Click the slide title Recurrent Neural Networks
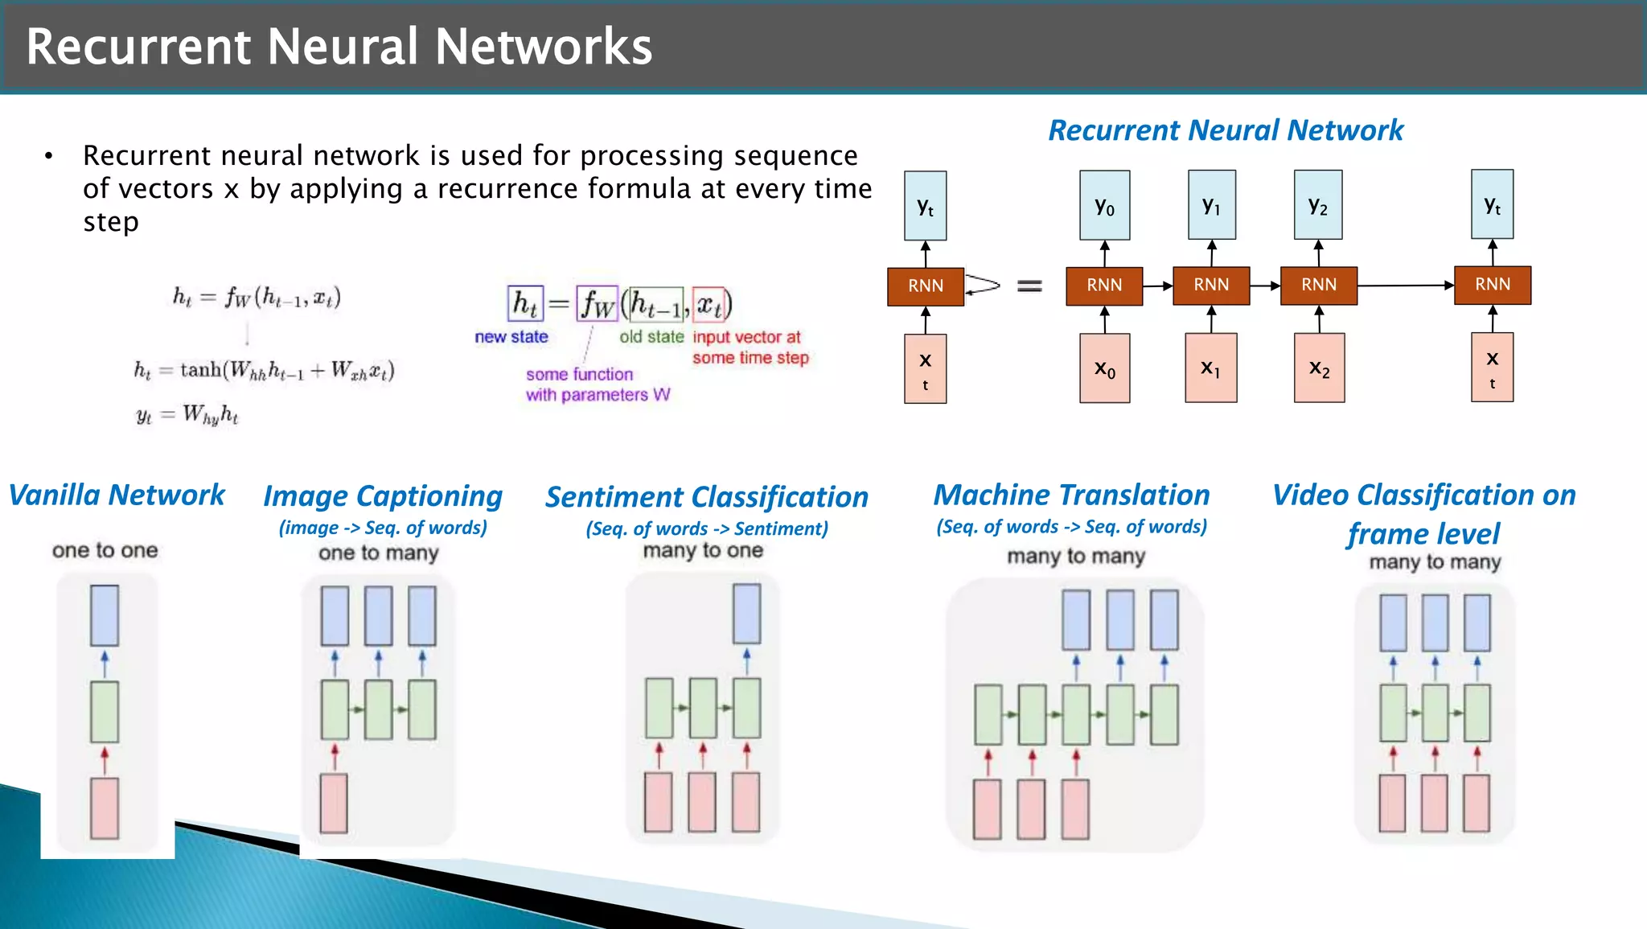(339, 47)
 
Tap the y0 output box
(1104, 206)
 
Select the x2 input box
(1319, 368)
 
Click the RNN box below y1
(1211, 286)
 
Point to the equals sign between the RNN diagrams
(1029, 286)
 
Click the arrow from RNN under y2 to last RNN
(1405, 286)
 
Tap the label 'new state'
(511, 337)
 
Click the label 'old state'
(651, 337)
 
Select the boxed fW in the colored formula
(597, 304)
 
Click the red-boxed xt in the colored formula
(708, 304)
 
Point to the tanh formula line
(264, 370)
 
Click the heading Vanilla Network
(117, 495)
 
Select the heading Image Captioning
(383, 496)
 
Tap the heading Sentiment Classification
(706, 497)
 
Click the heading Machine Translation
(1071, 495)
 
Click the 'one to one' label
(105, 551)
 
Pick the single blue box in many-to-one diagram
(746, 614)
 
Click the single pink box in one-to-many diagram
(334, 803)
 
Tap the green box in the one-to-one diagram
(105, 712)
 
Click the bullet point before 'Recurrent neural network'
(49, 156)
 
